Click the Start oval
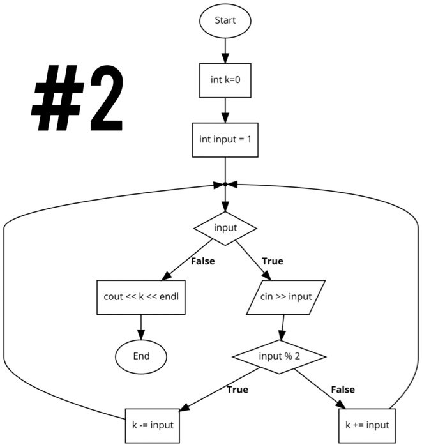coord(225,20)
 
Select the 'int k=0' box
coord(225,81)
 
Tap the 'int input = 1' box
coord(225,140)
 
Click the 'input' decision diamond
coord(225,227)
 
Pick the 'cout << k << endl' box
coord(141,297)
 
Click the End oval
coord(140,356)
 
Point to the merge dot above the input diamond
coord(225,185)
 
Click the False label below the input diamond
coord(202,261)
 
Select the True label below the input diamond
coord(273,261)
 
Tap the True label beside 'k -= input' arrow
coord(237,390)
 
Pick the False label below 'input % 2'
coord(343,390)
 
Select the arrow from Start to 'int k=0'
coord(225,50)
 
